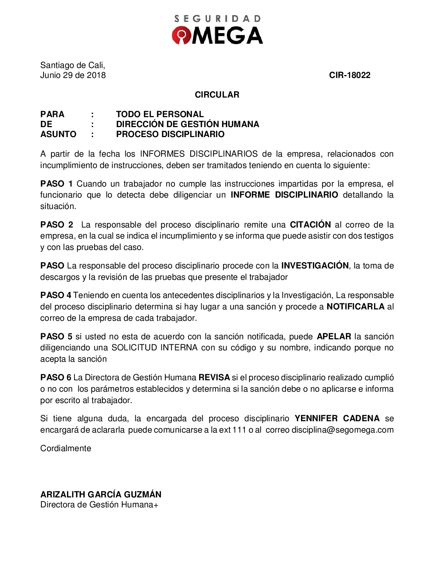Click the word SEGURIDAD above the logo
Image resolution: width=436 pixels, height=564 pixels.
click(217, 19)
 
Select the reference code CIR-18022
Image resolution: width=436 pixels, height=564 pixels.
click(349, 75)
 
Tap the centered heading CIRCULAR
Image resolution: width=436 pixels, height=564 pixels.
click(217, 95)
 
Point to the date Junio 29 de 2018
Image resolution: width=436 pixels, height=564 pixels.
click(73, 75)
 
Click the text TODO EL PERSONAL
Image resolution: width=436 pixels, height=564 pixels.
click(160, 114)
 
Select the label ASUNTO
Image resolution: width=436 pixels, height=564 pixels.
click(58, 134)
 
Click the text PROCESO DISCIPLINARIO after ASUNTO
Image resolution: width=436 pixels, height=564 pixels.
click(170, 134)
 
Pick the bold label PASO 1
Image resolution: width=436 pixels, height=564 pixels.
click(57, 184)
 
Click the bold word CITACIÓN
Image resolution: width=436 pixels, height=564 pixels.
click(310, 225)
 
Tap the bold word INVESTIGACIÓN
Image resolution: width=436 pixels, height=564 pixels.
click(315, 266)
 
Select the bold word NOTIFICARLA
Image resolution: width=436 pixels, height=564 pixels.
click(355, 307)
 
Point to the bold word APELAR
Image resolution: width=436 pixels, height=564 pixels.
click(334, 336)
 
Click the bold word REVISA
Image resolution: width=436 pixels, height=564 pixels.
click(214, 377)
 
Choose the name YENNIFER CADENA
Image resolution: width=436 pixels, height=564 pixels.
click(337, 418)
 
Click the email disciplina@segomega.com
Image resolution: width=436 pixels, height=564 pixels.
click(343, 430)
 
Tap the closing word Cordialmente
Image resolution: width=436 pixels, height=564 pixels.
click(66, 448)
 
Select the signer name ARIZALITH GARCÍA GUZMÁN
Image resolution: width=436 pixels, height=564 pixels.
click(101, 494)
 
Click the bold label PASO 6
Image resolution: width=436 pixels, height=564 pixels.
click(56, 377)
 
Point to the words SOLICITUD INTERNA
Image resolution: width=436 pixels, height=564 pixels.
click(155, 348)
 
